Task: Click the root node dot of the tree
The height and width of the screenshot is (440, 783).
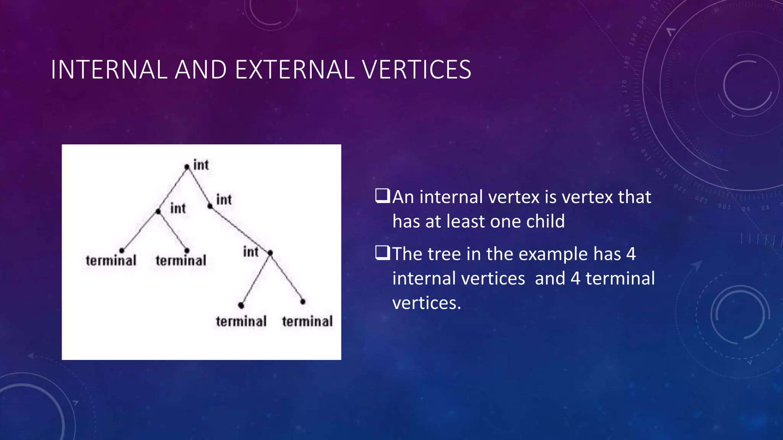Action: [187, 167]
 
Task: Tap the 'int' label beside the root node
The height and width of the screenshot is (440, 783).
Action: [201, 165]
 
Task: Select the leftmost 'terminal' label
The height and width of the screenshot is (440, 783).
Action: [111, 261]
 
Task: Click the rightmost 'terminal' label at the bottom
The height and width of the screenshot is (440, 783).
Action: [307, 321]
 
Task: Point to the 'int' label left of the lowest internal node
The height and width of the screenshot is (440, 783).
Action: [251, 252]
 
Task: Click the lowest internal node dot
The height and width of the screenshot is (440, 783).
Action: [270, 253]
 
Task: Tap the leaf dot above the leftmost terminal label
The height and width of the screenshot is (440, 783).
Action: [122, 251]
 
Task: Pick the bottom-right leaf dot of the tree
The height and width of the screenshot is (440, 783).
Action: [303, 301]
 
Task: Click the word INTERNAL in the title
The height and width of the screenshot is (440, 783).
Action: [109, 70]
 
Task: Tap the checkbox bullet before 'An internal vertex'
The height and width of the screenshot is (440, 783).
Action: [382, 196]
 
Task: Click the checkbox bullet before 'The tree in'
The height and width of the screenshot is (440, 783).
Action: [382, 253]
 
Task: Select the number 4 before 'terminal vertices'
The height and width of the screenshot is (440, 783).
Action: [575, 278]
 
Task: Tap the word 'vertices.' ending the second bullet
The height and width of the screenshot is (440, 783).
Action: [427, 303]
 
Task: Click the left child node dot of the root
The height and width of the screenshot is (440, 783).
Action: [158, 211]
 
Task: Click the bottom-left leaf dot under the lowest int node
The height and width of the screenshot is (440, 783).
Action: [241, 305]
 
